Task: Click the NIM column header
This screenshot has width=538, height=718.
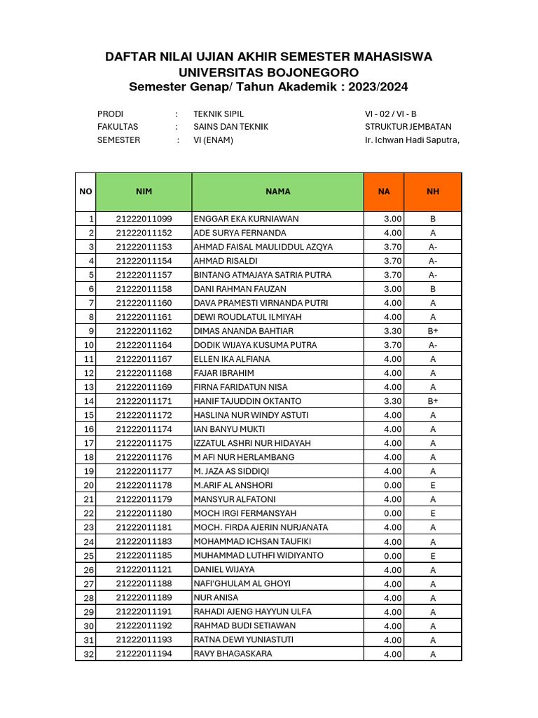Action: coord(144,191)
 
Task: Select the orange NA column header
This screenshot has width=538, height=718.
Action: coord(384,191)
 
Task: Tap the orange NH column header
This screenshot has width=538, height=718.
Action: coord(433,191)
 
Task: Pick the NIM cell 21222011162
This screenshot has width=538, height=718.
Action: coord(144,331)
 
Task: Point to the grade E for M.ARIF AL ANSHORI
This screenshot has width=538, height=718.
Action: coord(433,485)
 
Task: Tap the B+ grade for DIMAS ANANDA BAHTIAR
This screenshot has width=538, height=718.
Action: coord(433,331)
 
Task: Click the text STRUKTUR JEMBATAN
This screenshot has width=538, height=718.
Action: coord(408,127)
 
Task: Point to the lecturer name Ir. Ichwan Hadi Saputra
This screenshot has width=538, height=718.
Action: coord(412,140)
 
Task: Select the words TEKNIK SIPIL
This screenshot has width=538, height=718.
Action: coord(219,114)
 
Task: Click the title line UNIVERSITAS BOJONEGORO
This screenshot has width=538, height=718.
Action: coord(269,72)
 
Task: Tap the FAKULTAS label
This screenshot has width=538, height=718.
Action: coord(118,127)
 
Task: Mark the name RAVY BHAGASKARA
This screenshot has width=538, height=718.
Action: coord(233,654)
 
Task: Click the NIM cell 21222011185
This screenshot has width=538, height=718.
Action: coord(144,555)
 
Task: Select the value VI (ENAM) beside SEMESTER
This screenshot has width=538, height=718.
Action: coord(214,140)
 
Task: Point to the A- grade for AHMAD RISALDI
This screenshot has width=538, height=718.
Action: coord(433,261)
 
